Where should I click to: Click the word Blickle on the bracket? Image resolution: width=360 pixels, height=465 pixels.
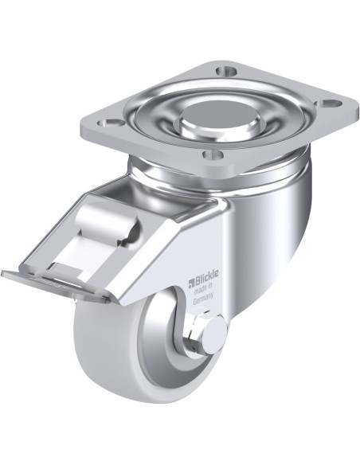click(207, 275)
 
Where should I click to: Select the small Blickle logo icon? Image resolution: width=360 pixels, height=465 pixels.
click(191, 282)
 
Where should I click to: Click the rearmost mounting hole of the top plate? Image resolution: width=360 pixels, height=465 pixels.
click(226, 71)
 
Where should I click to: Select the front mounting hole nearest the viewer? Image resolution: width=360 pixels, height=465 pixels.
click(213, 154)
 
